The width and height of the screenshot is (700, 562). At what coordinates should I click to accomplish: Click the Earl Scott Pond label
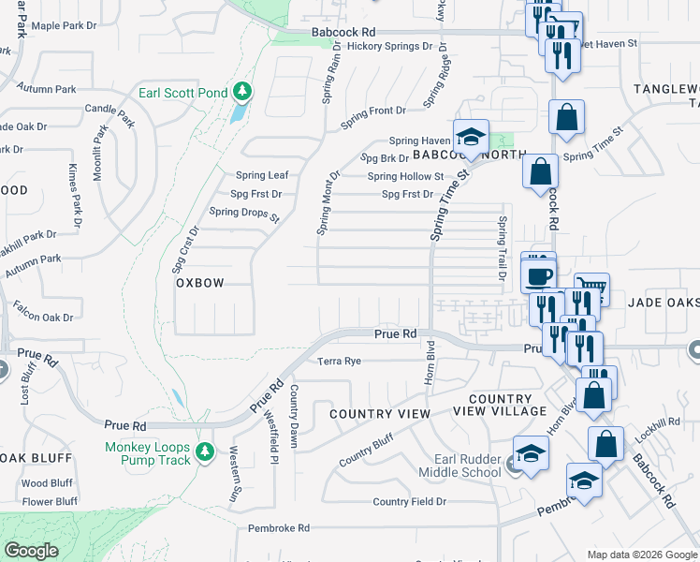(182, 93)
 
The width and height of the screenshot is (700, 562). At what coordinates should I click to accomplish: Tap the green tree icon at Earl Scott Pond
(243, 91)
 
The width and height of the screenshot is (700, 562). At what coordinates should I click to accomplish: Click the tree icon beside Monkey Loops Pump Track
(206, 452)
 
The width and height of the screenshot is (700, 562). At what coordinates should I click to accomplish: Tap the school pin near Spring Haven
(472, 135)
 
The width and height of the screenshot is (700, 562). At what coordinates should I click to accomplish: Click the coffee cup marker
(539, 275)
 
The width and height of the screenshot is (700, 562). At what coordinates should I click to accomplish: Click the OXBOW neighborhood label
(200, 282)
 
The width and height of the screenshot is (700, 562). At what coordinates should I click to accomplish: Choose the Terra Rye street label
(339, 361)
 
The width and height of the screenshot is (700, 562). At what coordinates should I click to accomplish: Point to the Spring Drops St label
(244, 213)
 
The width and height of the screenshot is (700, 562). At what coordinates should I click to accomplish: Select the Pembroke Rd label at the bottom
(279, 528)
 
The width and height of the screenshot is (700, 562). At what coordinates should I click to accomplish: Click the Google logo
(32, 551)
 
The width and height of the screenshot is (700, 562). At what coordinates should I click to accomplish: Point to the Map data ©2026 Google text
(641, 555)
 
